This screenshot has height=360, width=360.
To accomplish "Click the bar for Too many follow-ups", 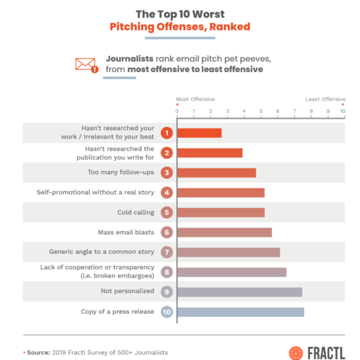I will (x=217, y=173).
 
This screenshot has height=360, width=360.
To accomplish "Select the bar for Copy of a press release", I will (x=241, y=312).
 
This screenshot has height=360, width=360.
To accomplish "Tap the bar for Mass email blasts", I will (x=224, y=232).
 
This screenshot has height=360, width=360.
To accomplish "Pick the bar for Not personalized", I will (x=239, y=292).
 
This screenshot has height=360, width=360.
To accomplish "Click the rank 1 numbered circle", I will (x=167, y=133).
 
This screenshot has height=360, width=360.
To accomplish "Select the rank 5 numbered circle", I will (x=167, y=212).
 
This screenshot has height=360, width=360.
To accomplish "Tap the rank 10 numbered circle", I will (x=167, y=312).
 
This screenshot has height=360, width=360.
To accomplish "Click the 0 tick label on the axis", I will (x=177, y=111).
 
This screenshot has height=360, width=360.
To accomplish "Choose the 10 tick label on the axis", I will (x=343, y=111).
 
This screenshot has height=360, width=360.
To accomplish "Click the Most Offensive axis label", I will (x=195, y=100).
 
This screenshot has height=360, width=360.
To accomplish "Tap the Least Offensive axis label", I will (x=325, y=100).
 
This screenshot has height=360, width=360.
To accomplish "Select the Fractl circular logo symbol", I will (x=296, y=353).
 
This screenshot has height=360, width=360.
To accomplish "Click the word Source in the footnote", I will (x=38, y=353).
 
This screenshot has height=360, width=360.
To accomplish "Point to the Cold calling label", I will (x=136, y=212).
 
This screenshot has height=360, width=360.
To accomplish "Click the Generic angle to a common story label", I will (x=101, y=252).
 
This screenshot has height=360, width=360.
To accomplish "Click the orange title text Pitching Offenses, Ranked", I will (x=179, y=27).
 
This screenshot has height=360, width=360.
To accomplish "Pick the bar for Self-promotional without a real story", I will (x=221, y=193).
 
